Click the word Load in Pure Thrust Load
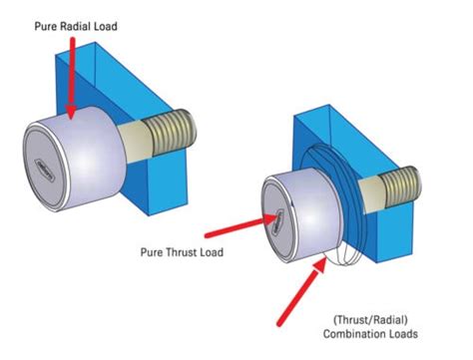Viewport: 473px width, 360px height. point(211,252)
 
